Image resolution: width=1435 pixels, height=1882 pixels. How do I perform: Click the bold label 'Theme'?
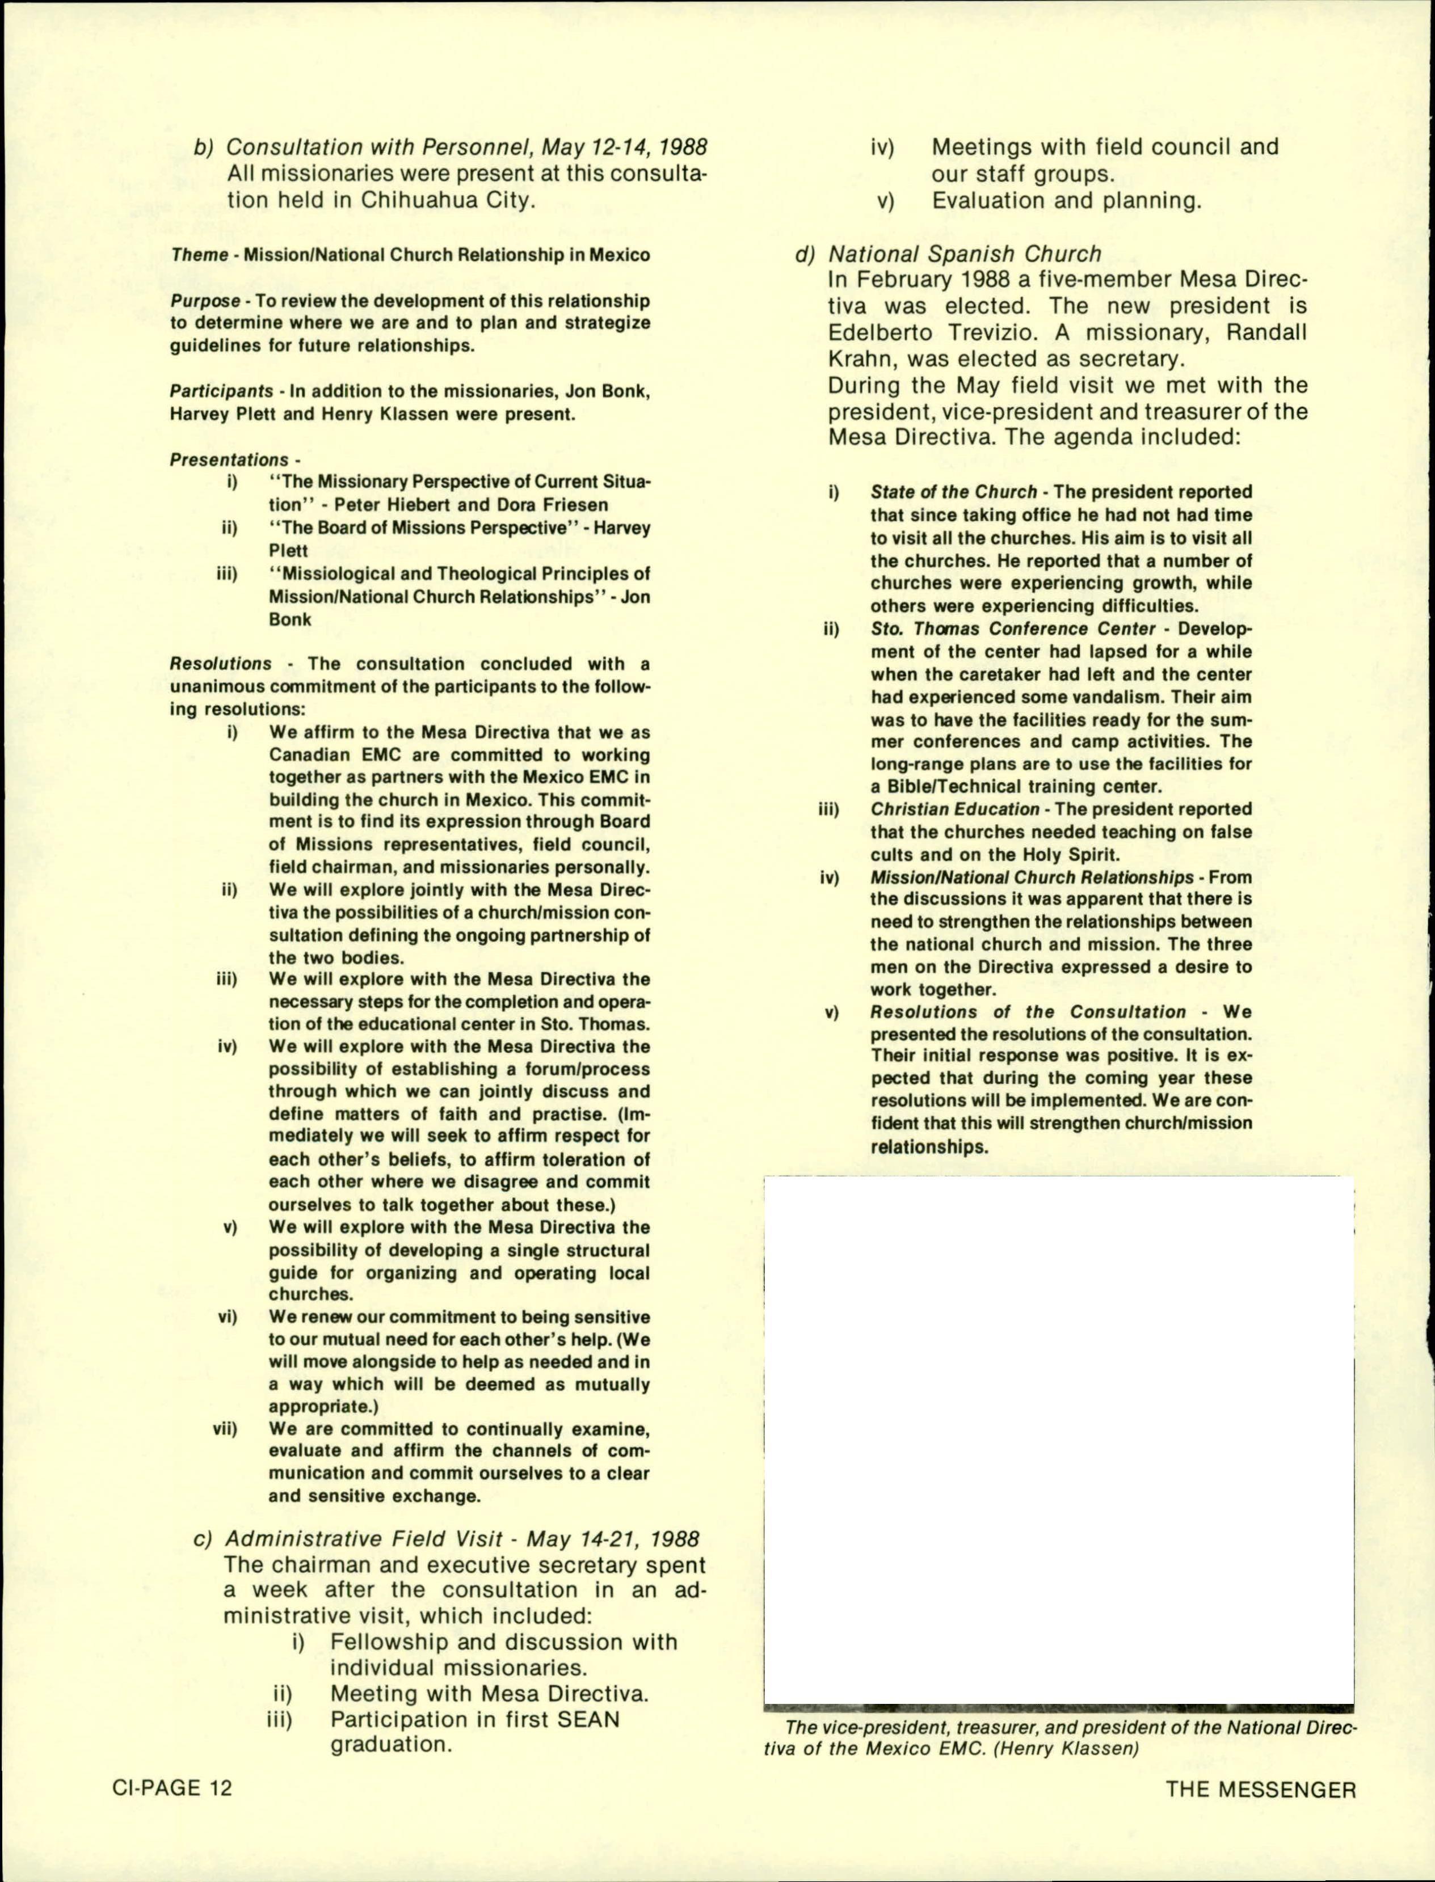click(199, 255)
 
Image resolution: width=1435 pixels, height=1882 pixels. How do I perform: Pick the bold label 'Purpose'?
click(205, 301)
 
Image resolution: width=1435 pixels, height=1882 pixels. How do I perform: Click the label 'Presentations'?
click(229, 459)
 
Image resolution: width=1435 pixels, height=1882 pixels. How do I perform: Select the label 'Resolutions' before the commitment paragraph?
click(220, 664)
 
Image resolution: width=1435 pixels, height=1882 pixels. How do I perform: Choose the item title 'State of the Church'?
click(953, 492)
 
